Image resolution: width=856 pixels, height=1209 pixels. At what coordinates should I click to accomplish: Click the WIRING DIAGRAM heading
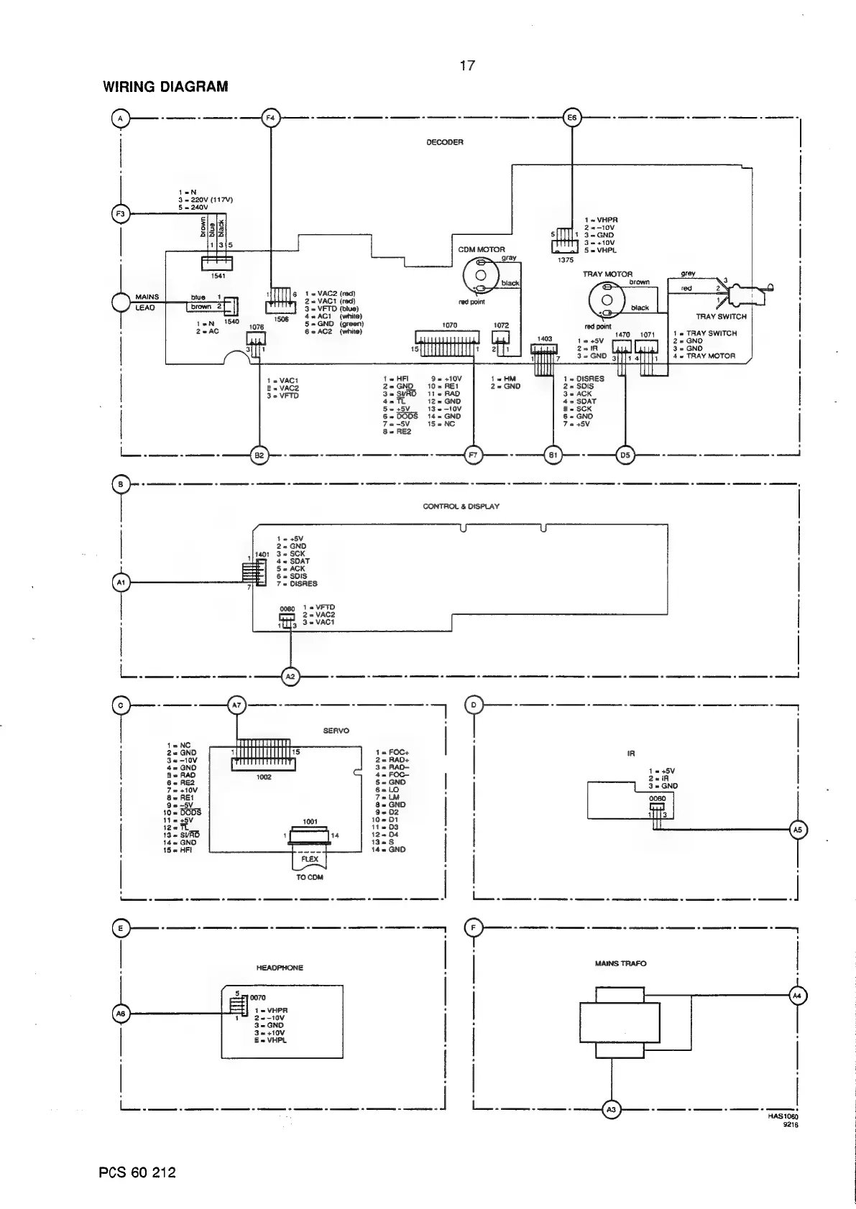coord(165,87)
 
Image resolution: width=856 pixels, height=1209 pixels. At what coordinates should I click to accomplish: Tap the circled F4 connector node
coord(270,118)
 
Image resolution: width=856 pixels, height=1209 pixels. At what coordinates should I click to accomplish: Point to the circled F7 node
coord(474,455)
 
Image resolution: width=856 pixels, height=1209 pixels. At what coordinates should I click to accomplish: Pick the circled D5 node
coord(625,455)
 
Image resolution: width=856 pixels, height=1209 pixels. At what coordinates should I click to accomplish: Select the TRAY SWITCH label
coord(721,317)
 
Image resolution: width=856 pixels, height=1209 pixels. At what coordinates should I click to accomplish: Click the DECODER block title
coord(445,142)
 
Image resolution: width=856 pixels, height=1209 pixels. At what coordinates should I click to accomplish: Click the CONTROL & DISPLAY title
coord(461,506)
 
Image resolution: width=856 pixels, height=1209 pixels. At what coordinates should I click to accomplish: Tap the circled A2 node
coord(290,676)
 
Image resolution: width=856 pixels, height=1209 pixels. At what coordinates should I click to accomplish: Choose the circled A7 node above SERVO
coord(237,705)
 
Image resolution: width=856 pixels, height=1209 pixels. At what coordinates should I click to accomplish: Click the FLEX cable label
coord(310,859)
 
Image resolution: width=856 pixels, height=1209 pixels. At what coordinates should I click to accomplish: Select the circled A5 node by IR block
coord(797,830)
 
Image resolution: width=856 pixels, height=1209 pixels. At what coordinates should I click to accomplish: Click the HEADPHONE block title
coord(280,968)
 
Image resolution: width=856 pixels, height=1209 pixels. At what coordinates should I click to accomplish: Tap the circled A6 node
coord(121,1014)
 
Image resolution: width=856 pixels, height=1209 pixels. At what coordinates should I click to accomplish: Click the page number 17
coord(467,66)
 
